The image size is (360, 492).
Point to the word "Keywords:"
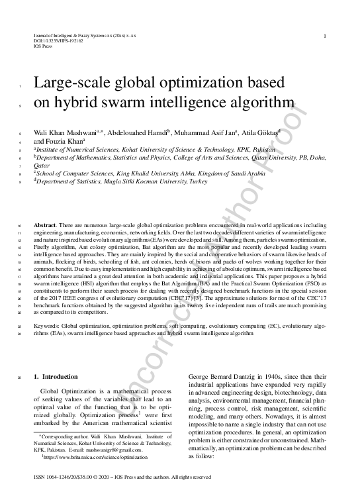pyautogui.click(x=48, y=327)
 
